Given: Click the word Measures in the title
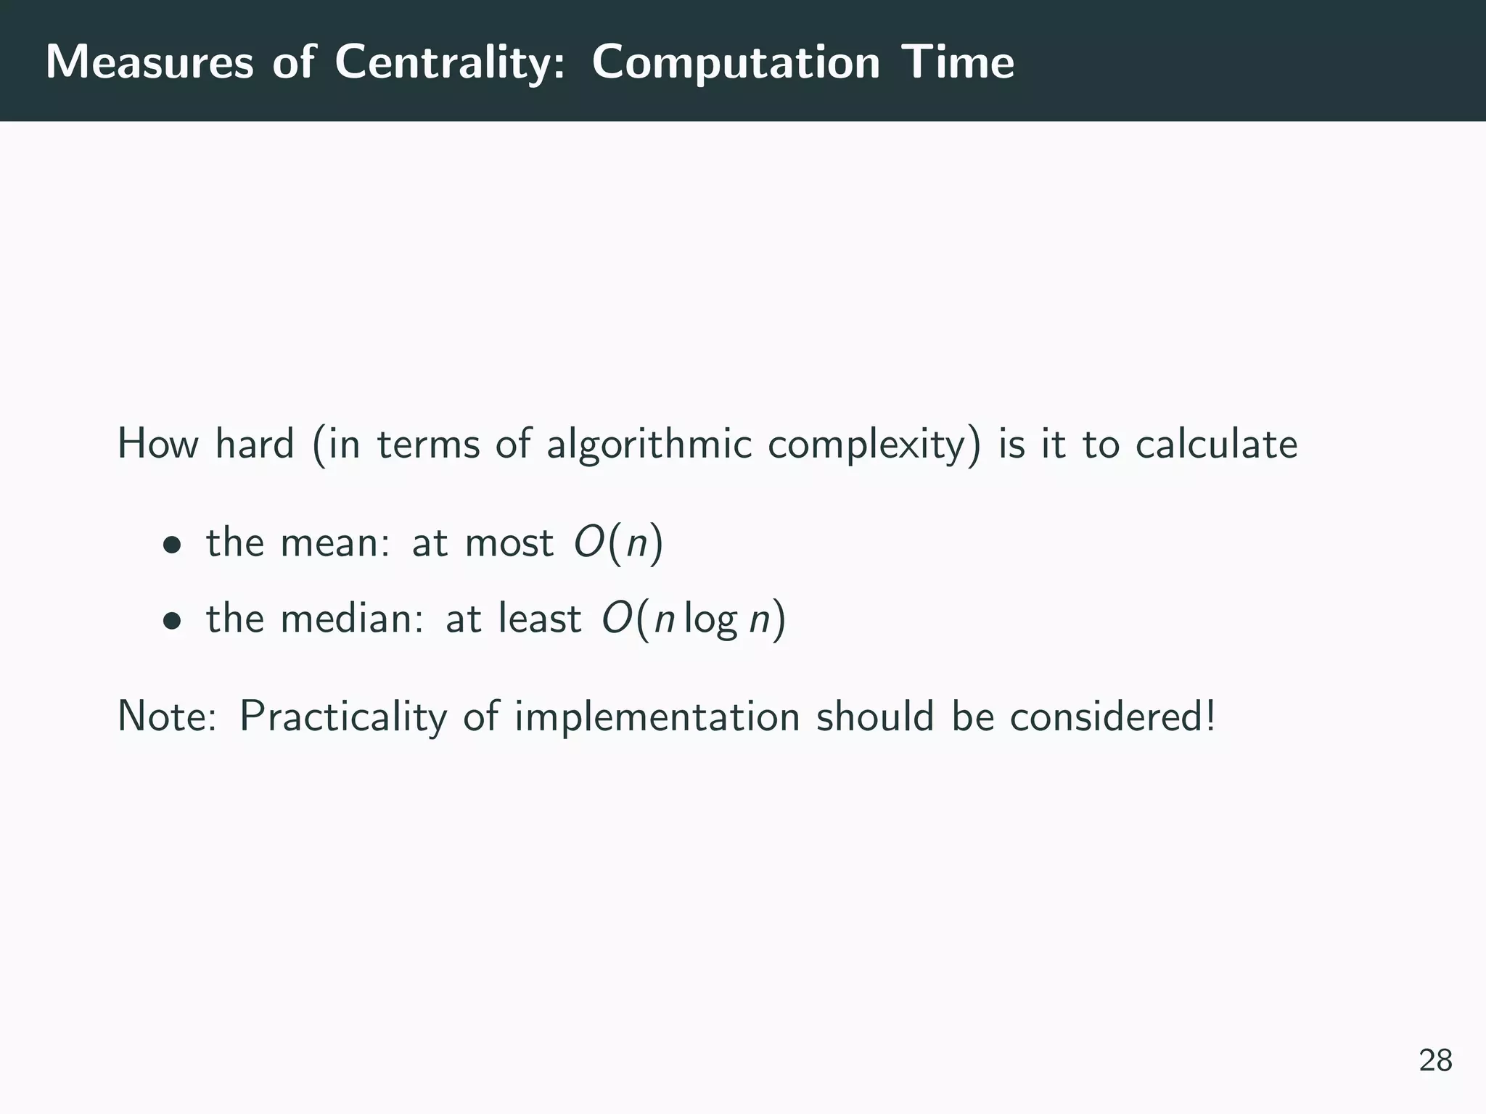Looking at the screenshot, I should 149,62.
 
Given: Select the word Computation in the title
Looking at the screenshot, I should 736,62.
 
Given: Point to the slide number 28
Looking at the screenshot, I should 1435,1060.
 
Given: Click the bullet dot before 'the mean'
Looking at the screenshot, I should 171,544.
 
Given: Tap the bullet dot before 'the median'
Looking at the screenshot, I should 171,620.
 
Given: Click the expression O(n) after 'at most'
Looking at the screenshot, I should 618,542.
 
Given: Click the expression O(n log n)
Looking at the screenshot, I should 693,619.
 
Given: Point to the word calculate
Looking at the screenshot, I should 1216,444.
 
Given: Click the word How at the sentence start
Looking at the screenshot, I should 157,444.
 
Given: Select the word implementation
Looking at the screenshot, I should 657,717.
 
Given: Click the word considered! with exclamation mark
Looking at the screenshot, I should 1112,717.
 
